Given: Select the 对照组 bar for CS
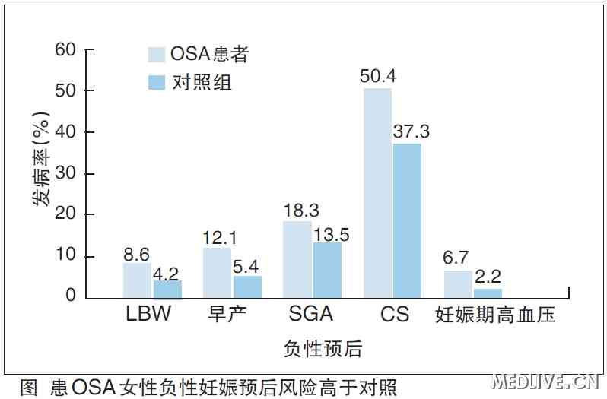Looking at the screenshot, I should [x=407, y=220].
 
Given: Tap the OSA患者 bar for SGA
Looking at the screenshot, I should [x=297, y=259].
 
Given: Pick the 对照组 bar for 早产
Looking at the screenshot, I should [x=247, y=286].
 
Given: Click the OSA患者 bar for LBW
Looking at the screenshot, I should [x=137, y=280].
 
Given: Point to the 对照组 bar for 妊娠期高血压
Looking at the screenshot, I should [x=488, y=293].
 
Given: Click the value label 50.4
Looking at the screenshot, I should [x=378, y=77].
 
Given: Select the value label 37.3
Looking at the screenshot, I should [x=411, y=131].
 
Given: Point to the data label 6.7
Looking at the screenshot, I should [x=457, y=259].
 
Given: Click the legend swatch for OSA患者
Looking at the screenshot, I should [x=157, y=53].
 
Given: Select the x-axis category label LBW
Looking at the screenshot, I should [x=149, y=315].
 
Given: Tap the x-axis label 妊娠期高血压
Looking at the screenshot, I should [x=494, y=315].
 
